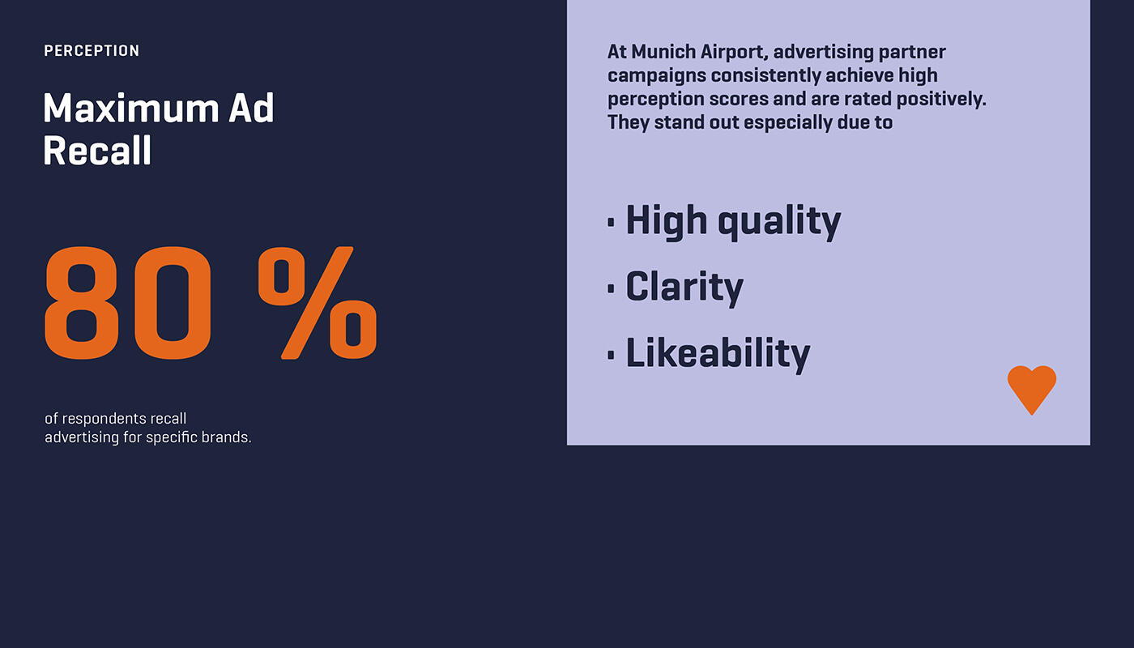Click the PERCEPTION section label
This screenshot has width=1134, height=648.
[92, 51]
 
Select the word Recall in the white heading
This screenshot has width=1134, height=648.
[97, 151]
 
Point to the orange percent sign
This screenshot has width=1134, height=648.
[318, 303]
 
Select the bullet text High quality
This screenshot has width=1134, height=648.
[733, 220]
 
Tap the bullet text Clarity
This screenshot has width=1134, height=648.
[684, 287]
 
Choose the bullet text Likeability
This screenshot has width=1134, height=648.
[718, 353]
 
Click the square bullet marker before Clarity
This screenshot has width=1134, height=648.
[612, 288]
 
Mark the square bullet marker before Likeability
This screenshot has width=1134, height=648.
[612, 354]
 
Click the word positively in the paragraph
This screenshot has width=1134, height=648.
[942, 100]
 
